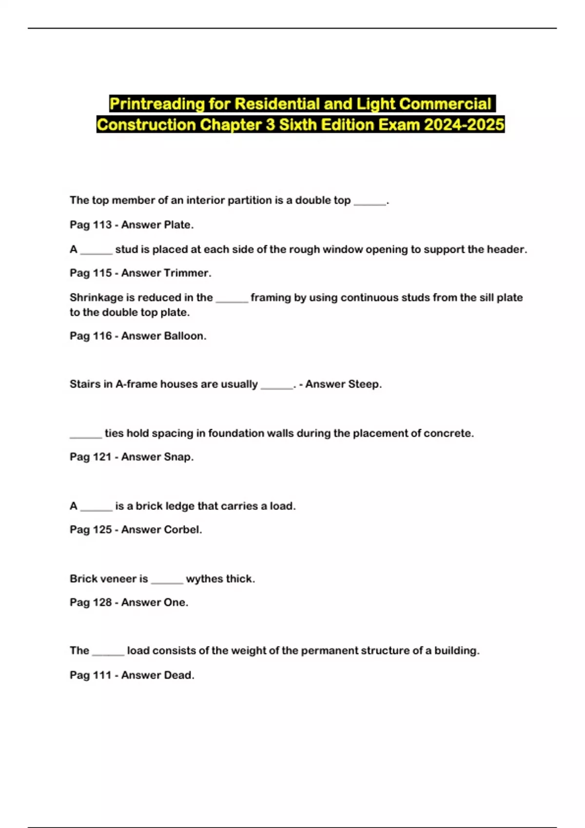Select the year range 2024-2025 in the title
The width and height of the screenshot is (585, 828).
tap(464, 125)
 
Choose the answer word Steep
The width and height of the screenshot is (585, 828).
tap(363, 384)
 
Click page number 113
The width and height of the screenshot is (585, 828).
tap(102, 225)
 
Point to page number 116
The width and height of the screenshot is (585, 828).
tap(102, 336)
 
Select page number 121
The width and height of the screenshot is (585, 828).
tap(102, 457)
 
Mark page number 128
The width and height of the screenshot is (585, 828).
tap(102, 602)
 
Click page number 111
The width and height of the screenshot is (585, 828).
tap(102, 675)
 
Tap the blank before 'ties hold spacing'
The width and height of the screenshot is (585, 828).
tap(86, 434)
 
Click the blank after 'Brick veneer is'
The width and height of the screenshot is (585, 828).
tap(167, 580)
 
